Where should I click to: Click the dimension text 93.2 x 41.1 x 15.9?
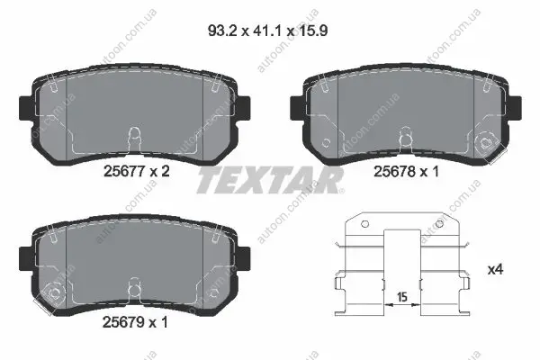(x=267, y=31)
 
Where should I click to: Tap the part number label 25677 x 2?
(x=137, y=171)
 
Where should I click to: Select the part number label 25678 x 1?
(x=407, y=171)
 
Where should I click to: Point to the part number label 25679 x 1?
(x=135, y=322)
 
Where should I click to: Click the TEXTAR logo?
(x=270, y=180)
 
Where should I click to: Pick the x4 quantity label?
(x=495, y=269)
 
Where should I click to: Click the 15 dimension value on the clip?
(x=402, y=297)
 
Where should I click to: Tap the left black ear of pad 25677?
(x=26, y=108)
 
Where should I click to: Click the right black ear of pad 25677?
(x=244, y=108)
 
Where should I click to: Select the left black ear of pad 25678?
(x=298, y=108)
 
